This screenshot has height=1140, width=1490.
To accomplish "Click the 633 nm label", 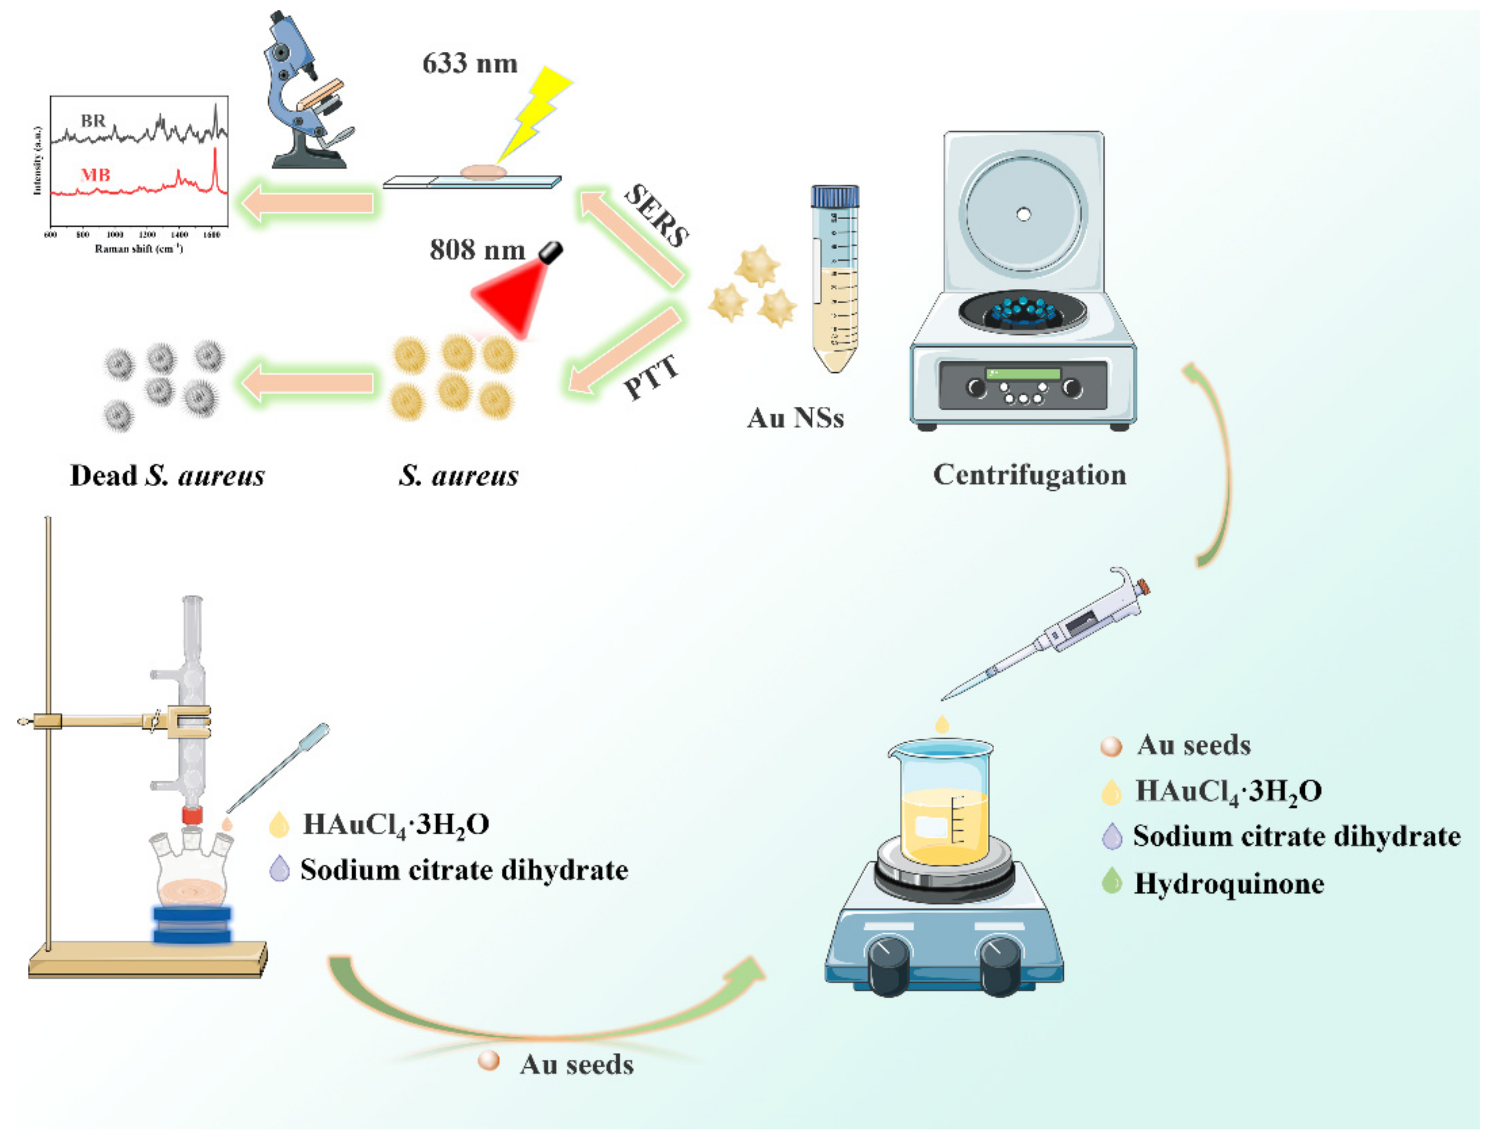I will coord(470,63).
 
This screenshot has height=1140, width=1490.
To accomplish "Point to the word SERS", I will coord(656,216).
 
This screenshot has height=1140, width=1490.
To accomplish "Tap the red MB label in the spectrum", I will coord(95,175).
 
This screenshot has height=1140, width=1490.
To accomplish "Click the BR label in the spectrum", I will coord(93,121).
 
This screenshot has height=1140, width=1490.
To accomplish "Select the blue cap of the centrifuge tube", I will coord(834,197).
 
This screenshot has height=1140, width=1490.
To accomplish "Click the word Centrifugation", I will coord(1029,474).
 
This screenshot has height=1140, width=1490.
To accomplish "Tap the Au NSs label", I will coord(795,417).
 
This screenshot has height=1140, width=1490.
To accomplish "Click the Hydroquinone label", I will coord(1228,883).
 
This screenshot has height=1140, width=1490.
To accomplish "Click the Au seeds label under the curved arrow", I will coord(576,1064).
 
